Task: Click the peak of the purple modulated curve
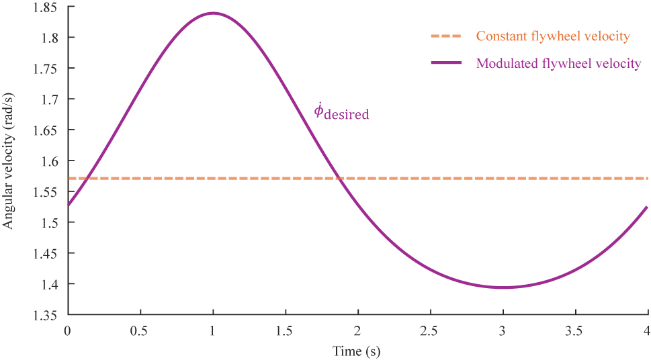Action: [x=213, y=13]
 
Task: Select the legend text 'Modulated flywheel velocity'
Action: [x=558, y=64]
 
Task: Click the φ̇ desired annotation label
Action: [x=341, y=112]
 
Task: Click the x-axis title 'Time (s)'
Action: [x=357, y=351]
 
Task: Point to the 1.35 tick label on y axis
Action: [x=46, y=315]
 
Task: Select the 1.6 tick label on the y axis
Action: [x=50, y=161]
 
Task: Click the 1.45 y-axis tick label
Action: [x=46, y=253]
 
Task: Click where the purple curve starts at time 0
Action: [x=68, y=206]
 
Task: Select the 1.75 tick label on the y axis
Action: [x=46, y=69]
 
